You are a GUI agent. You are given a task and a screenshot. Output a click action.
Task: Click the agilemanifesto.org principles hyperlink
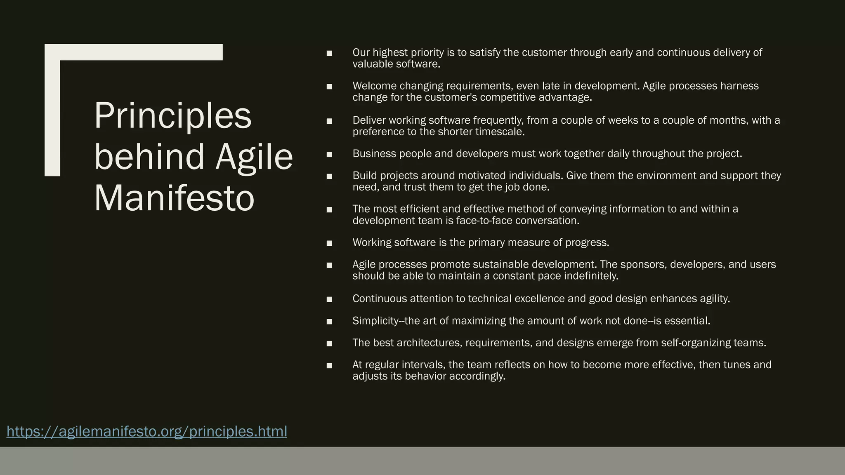tap(146, 431)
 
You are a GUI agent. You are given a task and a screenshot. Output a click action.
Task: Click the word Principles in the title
tap(172, 116)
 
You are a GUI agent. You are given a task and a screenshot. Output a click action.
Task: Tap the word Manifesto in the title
tap(174, 198)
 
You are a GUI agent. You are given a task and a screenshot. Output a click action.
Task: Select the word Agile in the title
tap(254, 157)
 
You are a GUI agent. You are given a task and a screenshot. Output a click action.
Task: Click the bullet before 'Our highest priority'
tap(329, 53)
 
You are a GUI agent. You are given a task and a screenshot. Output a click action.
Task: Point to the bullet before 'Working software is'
tap(329, 243)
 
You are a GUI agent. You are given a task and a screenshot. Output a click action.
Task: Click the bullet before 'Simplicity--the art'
tap(329, 321)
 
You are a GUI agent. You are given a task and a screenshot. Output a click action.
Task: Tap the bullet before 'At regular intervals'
tap(329, 365)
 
